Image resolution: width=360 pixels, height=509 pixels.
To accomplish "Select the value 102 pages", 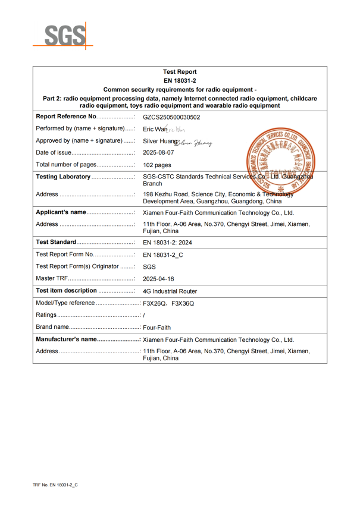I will tap(157, 165).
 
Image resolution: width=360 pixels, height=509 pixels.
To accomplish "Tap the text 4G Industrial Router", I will tap(170, 291).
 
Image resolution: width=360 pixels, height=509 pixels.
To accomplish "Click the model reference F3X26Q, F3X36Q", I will tap(169, 303).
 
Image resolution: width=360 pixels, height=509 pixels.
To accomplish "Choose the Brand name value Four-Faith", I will tap(157, 328).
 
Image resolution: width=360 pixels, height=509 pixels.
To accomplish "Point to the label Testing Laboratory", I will tap(63, 177).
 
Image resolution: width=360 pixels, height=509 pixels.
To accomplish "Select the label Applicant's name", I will tap(61, 212).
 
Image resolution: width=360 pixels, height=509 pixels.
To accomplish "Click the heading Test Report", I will tap(180, 72).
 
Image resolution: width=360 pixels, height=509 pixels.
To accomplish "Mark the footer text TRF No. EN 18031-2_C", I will tap(55, 485).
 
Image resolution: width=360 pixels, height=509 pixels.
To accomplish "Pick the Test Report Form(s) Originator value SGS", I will tap(150, 266).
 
